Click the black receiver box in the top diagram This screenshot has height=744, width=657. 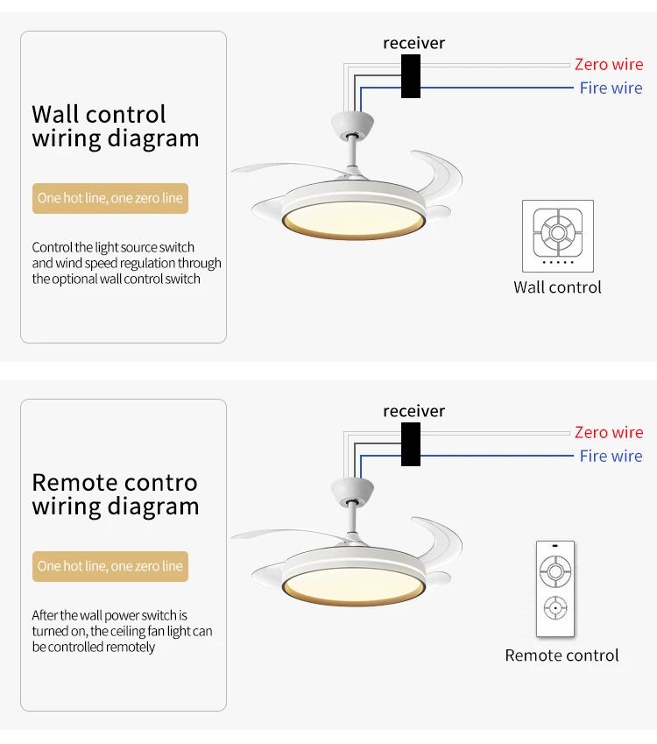(411, 76)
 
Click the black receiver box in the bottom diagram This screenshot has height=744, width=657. (411, 444)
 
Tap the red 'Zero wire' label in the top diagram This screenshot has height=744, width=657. (609, 64)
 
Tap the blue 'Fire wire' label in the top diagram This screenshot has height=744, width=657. (611, 88)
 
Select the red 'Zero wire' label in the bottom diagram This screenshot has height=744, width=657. (609, 432)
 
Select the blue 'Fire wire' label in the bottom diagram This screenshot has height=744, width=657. (611, 456)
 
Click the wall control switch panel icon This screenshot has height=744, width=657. (558, 236)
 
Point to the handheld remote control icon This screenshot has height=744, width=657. (555, 588)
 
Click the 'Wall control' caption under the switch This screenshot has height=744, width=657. (557, 287)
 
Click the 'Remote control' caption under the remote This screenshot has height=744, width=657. (562, 655)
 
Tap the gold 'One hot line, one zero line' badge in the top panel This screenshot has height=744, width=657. (110, 198)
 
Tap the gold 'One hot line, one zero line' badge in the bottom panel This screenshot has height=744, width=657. (110, 566)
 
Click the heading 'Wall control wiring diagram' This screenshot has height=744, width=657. (116, 127)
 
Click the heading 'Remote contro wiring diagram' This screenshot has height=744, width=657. (116, 495)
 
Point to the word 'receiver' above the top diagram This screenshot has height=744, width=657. (414, 43)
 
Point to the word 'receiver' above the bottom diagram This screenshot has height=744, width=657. (414, 411)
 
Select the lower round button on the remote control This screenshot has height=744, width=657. (555, 608)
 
